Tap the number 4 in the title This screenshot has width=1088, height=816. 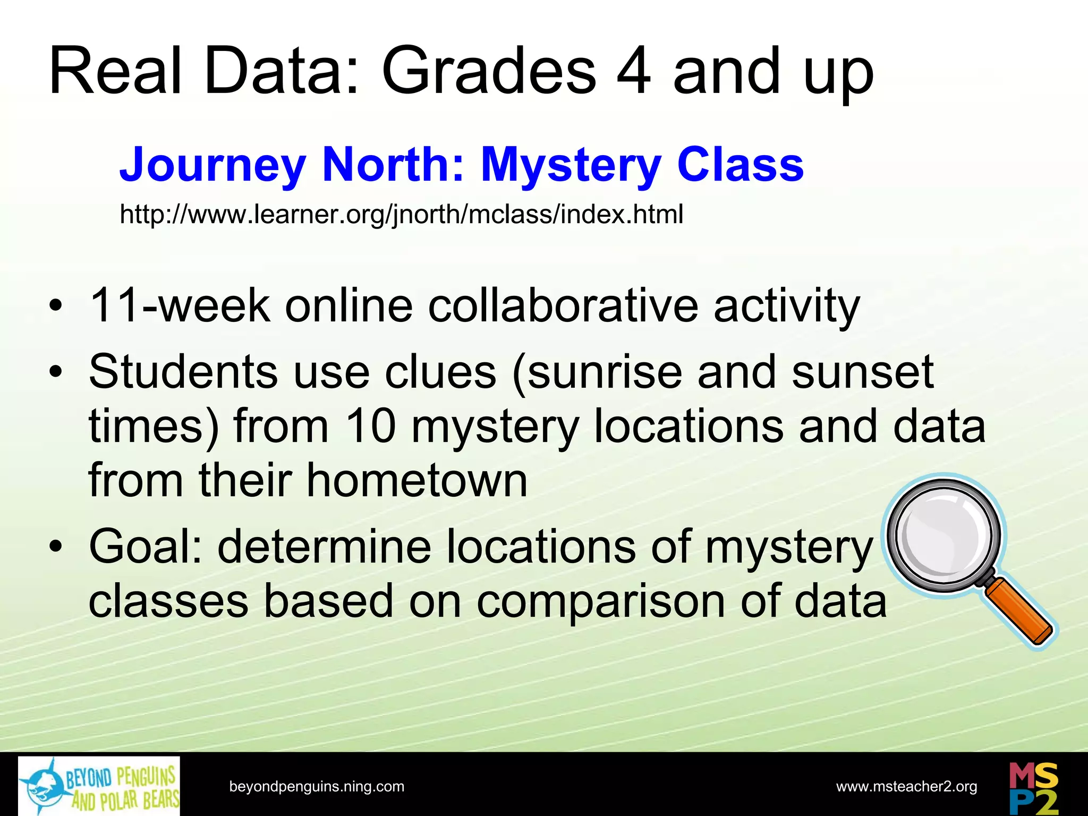[x=633, y=72]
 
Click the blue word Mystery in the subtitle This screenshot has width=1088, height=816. [x=571, y=165]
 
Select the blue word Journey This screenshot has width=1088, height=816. [x=212, y=165]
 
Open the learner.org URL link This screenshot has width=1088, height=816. [x=401, y=215]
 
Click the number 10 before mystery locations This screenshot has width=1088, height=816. [x=371, y=427]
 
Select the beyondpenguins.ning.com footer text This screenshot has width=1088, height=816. [x=317, y=787]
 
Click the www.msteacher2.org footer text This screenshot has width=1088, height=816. [x=906, y=787]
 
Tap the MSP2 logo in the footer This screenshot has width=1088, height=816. [x=1033, y=788]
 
